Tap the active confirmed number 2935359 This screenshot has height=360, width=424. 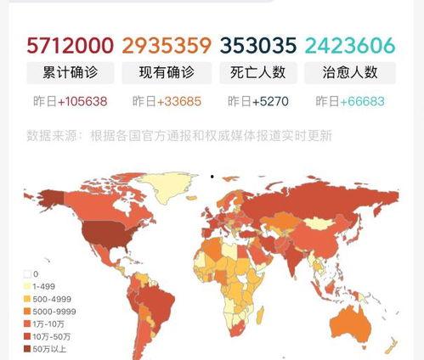click(166, 44)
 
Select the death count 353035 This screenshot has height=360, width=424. click(257, 44)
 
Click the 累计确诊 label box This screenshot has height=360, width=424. click(70, 71)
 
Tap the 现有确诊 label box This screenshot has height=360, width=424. click(166, 71)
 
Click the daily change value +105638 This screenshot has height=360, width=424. click(82, 101)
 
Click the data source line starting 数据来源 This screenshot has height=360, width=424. click(178, 134)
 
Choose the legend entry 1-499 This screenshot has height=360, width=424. click(45, 285)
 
